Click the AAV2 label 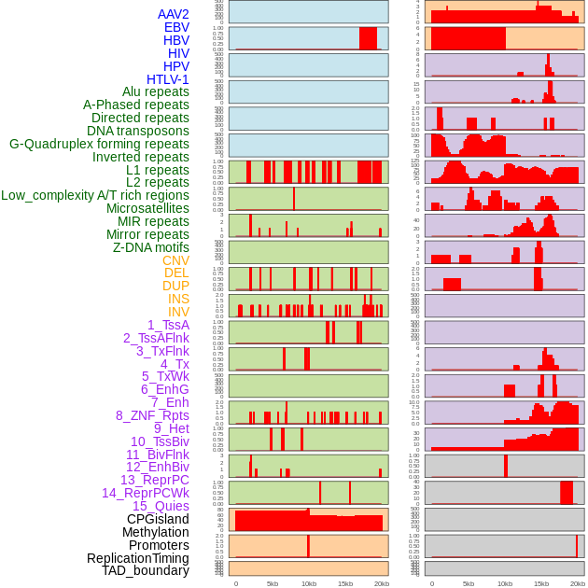[173, 15]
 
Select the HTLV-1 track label [167, 79]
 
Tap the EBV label [176, 28]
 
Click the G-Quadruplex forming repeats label [99, 144]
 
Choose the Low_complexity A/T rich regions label [95, 195]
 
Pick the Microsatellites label [147, 208]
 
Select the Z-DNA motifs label [151, 247]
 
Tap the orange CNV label [175, 260]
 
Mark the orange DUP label [175, 286]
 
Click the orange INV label [178, 312]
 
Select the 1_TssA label [168, 325]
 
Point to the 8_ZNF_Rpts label [152, 415]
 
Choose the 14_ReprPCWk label [146, 493]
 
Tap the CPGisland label [158, 519]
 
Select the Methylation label [155, 532]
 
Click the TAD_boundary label [146, 570]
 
